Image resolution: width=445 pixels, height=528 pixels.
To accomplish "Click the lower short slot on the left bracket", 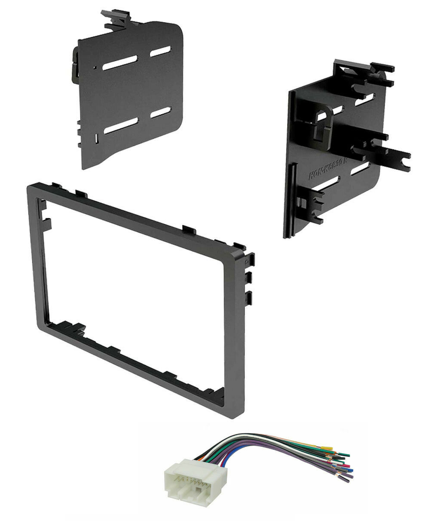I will tap(160, 112).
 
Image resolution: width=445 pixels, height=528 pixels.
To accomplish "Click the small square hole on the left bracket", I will tap(94, 67).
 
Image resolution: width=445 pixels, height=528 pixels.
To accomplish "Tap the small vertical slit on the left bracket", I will tap(97, 138).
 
